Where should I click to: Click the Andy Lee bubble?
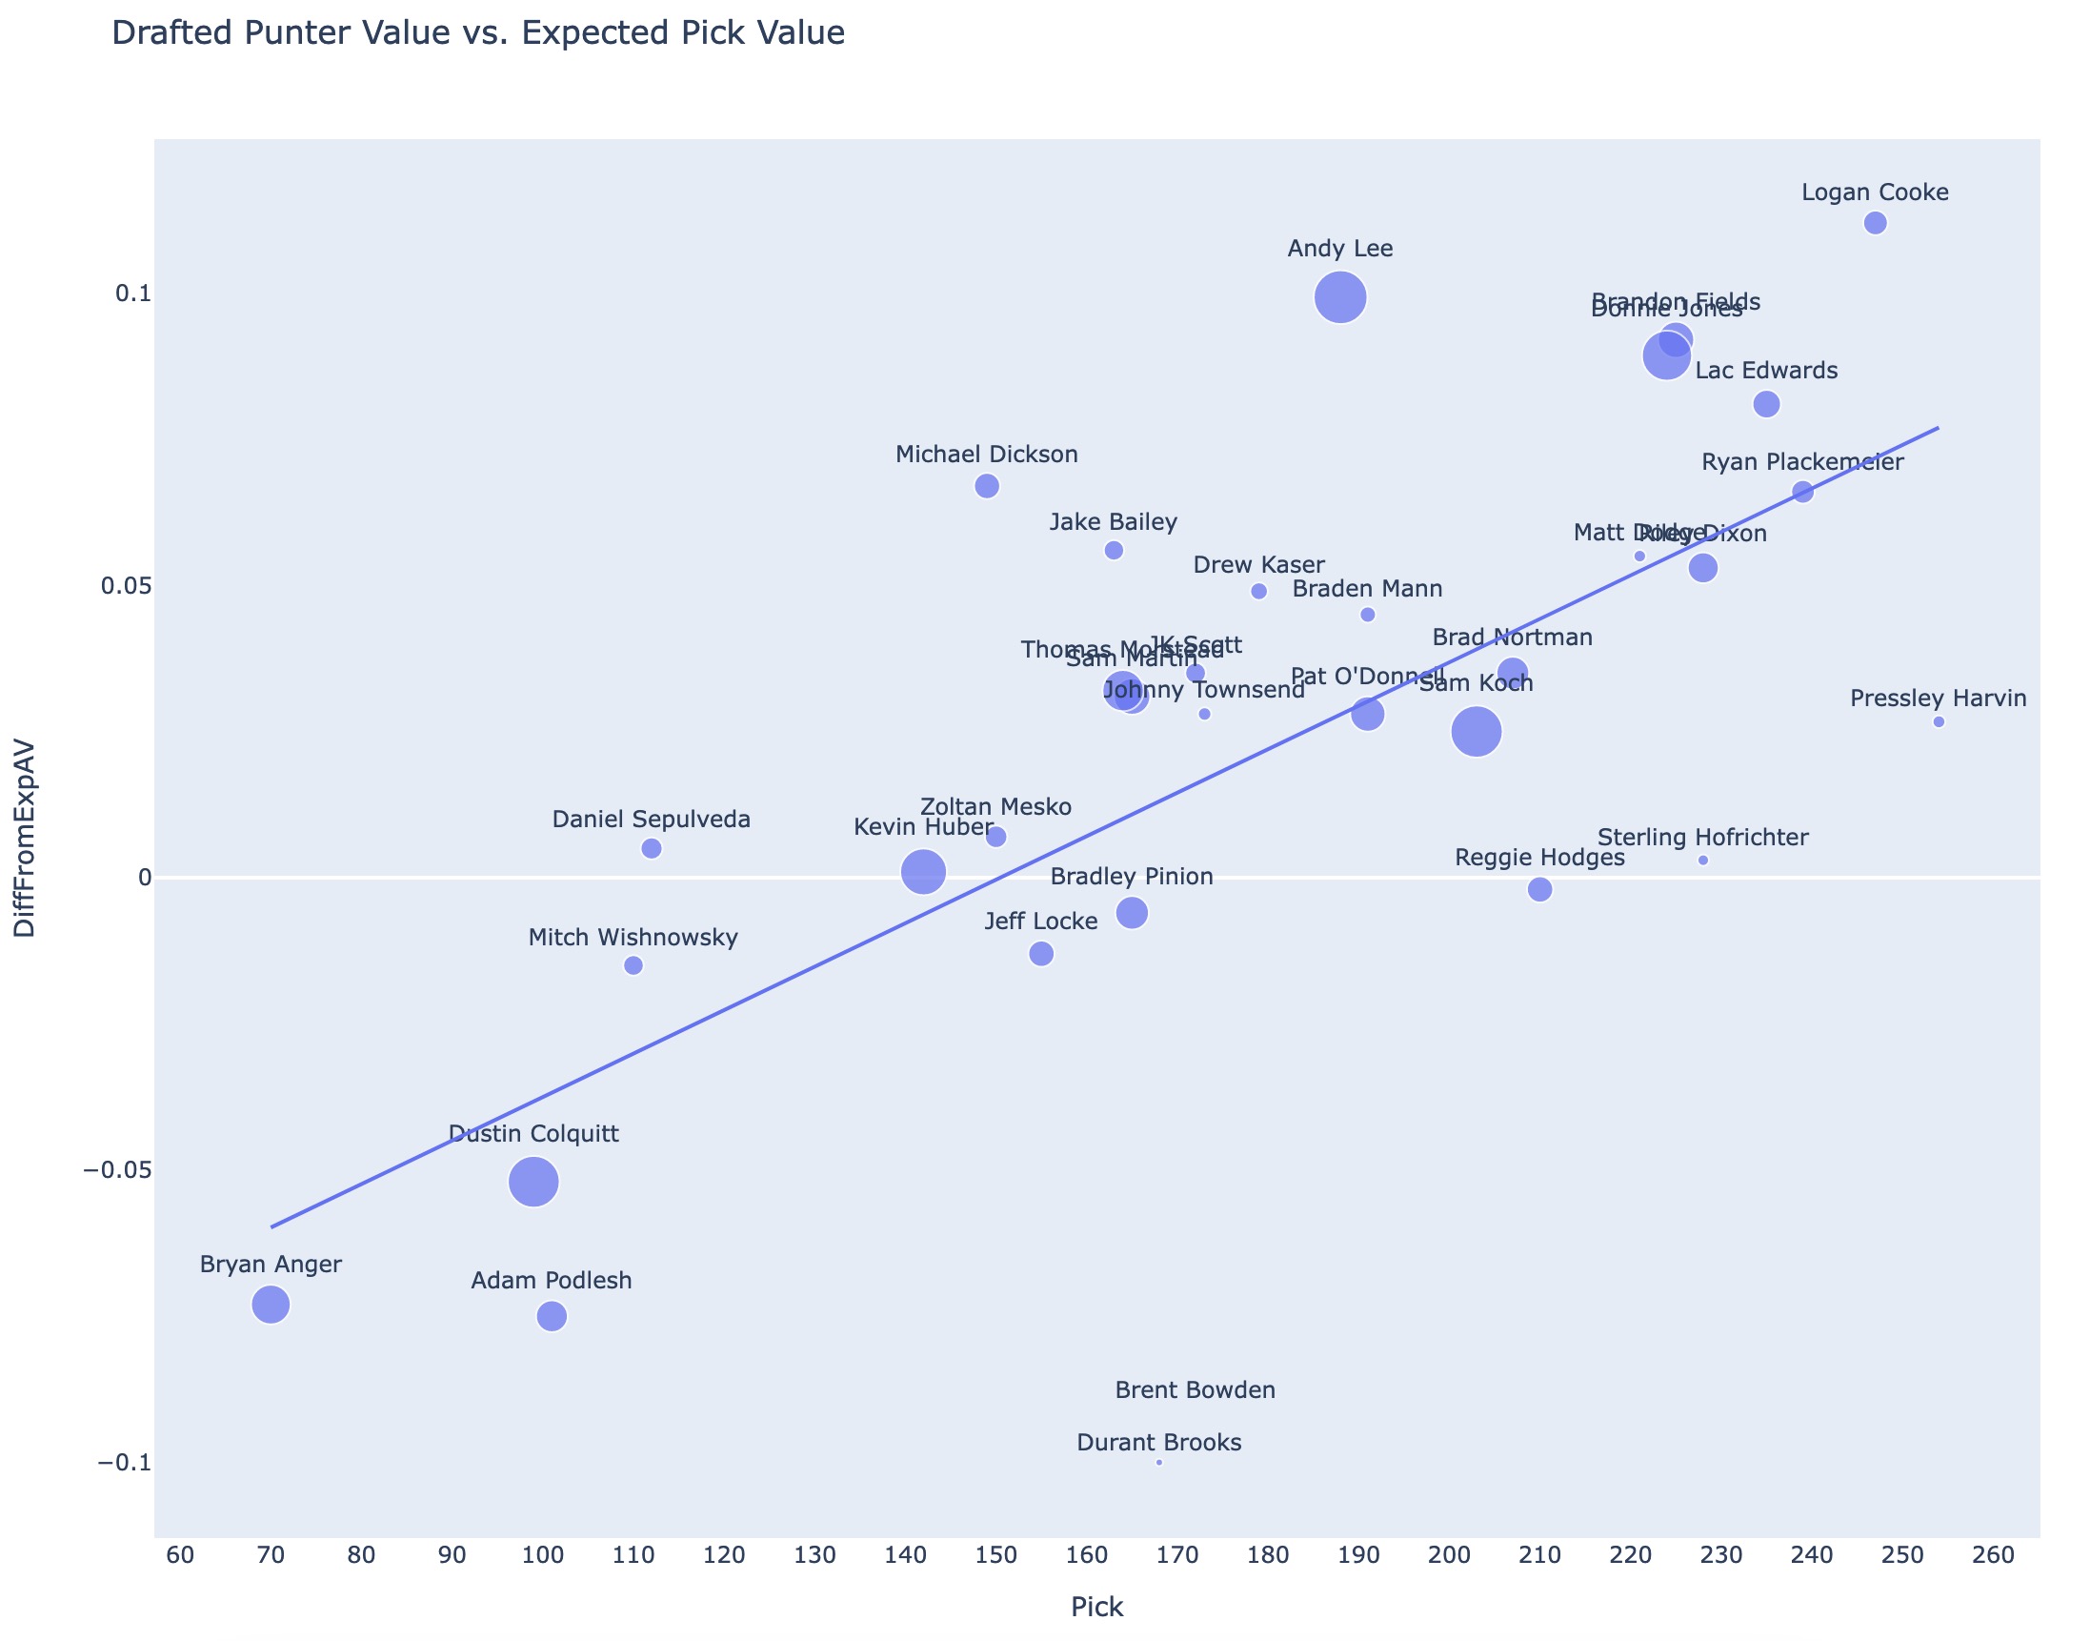pyautogui.click(x=1340, y=298)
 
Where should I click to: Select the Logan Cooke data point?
pyautogui.click(x=1875, y=223)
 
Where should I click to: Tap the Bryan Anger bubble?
pyautogui.click(x=271, y=1304)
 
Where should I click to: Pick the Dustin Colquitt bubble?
pyautogui.click(x=533, y=1182)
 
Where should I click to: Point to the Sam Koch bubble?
pyautogui.click(x=1477, y=732)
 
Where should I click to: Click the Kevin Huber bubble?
pyautogui.click(x=923, y=871)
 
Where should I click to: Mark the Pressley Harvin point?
pyautogui.click(x=1939, y=721)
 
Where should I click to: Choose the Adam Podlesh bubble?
pyautogui.click(x=552, y=1315)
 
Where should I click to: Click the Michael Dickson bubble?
pyautogui.click(x=986, y=486)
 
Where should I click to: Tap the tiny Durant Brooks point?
pyautogui.click(x=1159, y=1462)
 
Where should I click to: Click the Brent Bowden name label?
pyautogui.click(x=1195, y=1390)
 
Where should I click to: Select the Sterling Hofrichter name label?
pyautogui.click(x=1703, y=837)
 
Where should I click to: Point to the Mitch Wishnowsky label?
pyautogui.click(x=633, y=938)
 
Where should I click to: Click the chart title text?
pyautogui.click(x=478, y=33)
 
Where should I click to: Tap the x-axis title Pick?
pyautogui.click(x=1096, y=1607)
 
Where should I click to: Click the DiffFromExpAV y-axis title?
pyautogui.click(x=25, y=838)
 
